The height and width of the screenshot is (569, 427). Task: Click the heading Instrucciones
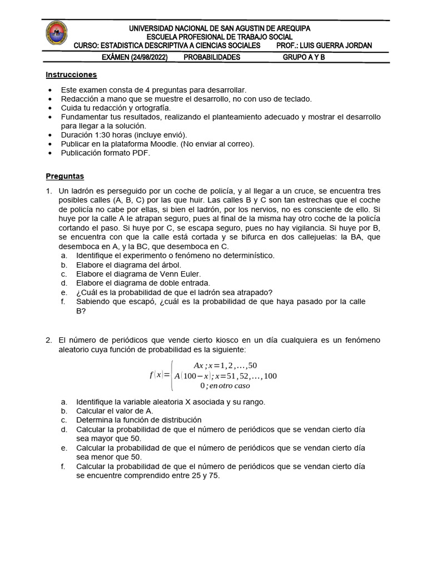click(x=71, y=74)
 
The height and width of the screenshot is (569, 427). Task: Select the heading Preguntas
click(x=64, y=176)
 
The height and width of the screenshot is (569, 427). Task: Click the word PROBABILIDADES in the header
click(x=212, y=57)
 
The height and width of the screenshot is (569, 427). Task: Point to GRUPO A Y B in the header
click(x=304, y=57)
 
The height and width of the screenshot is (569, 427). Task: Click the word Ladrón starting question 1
click(x=82, y=191)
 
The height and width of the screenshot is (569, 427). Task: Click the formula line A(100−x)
click(x=225, y=376)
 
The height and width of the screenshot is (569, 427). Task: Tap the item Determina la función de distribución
click(x=139, y=420)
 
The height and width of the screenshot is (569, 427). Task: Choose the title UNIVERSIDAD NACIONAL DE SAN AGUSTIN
click(x=220, y=28)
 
